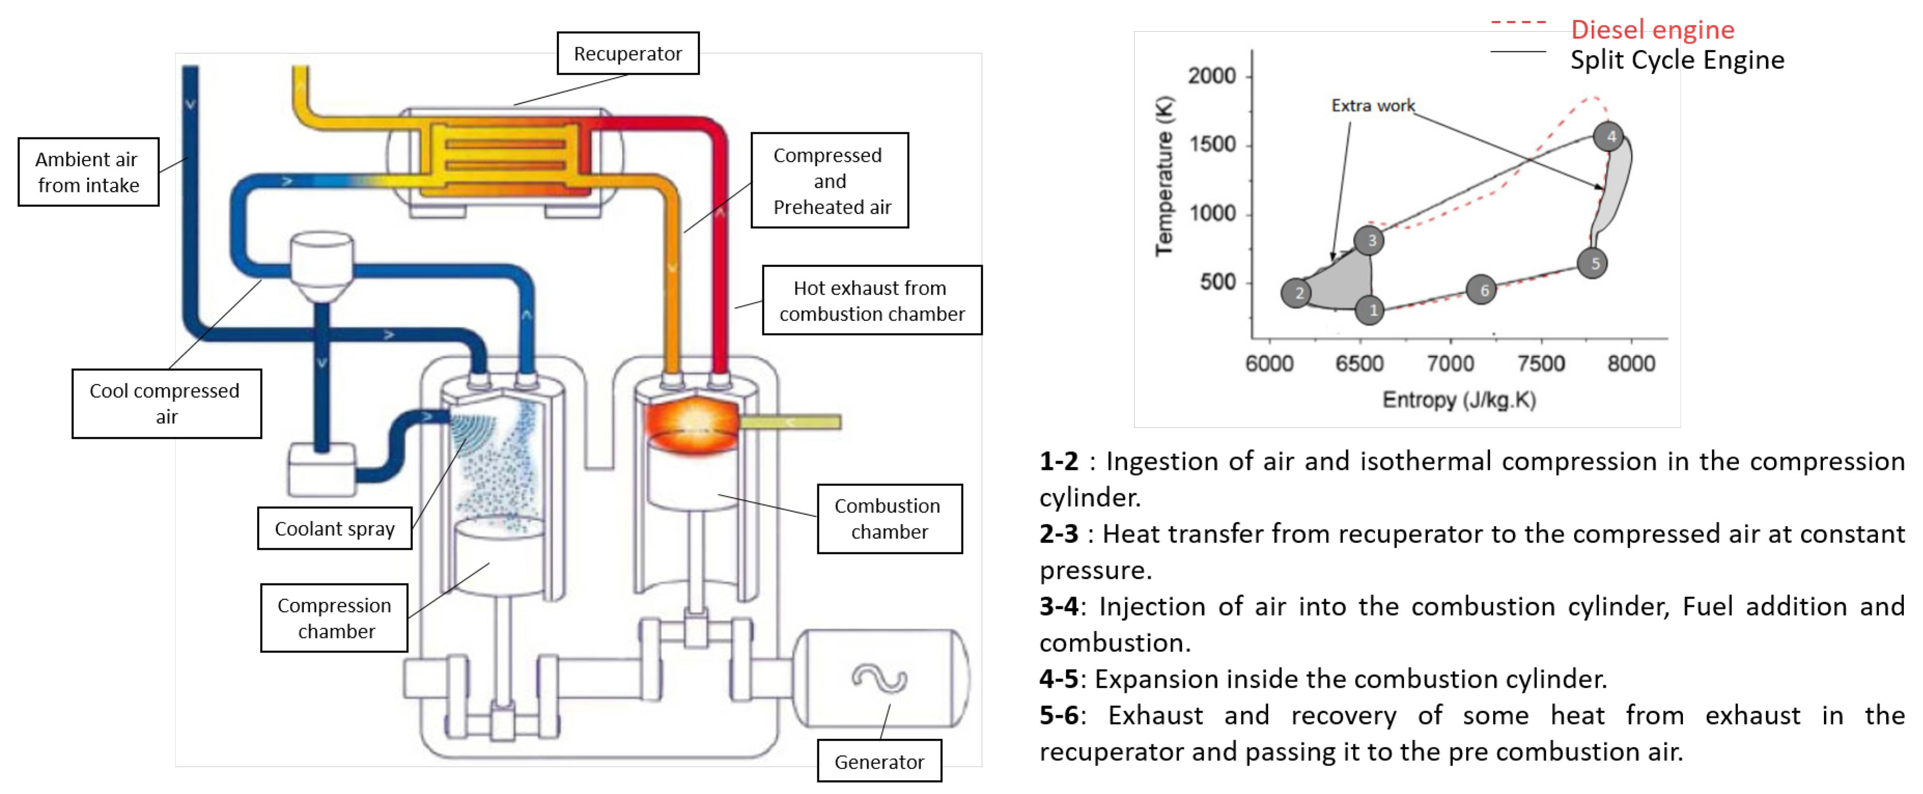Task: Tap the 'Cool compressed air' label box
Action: (x=166, y=403)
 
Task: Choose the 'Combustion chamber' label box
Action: (x=889, y=519)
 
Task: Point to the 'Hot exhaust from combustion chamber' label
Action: (x=871, y=300)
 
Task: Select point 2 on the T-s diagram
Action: (x=1298, y=293)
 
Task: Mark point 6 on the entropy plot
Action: (x=1483, y=290)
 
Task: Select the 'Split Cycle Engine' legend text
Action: (x=1677, y=60)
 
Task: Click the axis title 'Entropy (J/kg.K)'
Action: (x=1459, y=400)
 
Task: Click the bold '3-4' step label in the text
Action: (x=1058, y=606)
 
